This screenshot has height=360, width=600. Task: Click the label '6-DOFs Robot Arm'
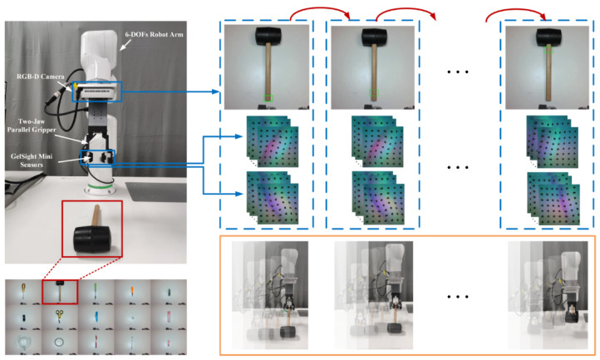155,34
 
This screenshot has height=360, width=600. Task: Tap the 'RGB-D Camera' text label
41,76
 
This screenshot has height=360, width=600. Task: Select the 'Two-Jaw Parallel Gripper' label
32,126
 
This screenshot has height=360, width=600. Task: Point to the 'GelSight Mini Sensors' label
32,160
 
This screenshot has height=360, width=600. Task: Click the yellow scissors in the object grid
59,316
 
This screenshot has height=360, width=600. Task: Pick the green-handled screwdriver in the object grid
95,291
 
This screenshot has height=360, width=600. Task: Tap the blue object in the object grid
96,317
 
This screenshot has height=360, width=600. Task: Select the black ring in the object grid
59,342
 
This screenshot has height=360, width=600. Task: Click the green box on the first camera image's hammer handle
268,98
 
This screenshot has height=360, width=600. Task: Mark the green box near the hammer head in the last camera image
548,49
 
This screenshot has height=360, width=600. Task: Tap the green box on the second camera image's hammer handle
374,92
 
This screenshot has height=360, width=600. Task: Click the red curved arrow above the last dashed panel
516,15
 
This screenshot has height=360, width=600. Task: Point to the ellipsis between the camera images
458,72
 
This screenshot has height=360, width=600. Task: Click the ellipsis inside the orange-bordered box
458,297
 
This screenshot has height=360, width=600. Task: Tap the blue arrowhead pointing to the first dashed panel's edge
215,91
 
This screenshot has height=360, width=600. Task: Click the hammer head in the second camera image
374,36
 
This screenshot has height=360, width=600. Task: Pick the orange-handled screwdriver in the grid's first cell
23,291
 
